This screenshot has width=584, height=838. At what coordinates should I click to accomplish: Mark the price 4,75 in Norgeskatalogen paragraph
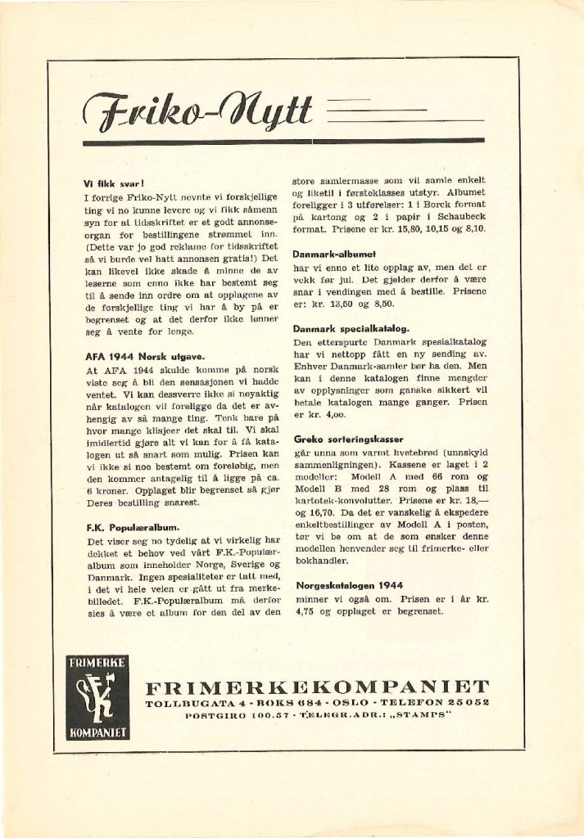tap(305, 611)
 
